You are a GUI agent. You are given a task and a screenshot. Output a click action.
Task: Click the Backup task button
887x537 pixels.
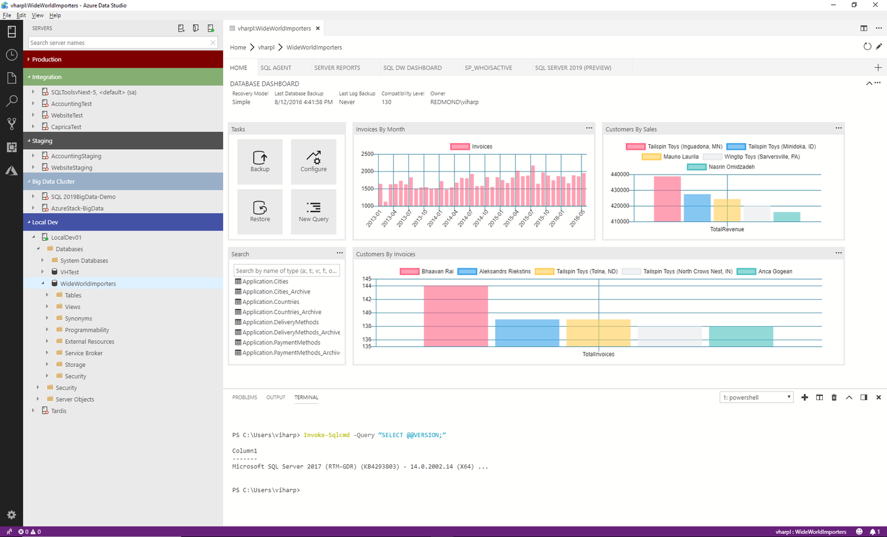click(x=260, y=162)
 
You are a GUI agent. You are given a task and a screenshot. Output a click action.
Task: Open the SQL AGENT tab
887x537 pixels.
click(x=275, y=68)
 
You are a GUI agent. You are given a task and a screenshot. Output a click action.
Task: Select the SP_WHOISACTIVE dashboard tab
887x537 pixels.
click(x=488, y=68)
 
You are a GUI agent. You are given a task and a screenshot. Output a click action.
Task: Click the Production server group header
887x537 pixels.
click(x=123, y=59)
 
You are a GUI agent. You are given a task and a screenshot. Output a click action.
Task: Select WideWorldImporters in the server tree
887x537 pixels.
click(x=88, y=284)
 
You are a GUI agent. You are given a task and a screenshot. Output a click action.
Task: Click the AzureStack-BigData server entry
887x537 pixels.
click(x=77, y=208)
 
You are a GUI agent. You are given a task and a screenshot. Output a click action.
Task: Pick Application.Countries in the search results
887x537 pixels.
click(x=270, y=302)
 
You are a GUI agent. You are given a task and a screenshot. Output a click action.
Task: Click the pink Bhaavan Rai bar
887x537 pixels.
click(x=456, y=315)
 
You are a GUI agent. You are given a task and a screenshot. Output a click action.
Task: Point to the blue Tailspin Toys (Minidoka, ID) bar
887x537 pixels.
click(x=697, y=208)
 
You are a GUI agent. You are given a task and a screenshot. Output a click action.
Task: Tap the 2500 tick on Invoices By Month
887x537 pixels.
click(x=367, y=154)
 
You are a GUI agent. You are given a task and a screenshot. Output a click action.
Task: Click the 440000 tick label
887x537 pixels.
click(x=619, y=174)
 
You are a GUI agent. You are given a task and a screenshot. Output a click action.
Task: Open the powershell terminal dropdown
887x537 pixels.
click(x=756, y=398)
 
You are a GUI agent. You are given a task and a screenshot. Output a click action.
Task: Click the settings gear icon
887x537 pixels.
click(x=11, y=515)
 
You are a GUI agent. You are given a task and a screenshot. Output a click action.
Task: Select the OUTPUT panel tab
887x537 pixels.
click(x=275, y=398)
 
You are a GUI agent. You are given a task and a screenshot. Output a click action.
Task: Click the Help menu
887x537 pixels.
click(x=55, y=15)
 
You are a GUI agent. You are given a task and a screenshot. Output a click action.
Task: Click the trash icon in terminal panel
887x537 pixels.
click(x=834, y=398)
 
